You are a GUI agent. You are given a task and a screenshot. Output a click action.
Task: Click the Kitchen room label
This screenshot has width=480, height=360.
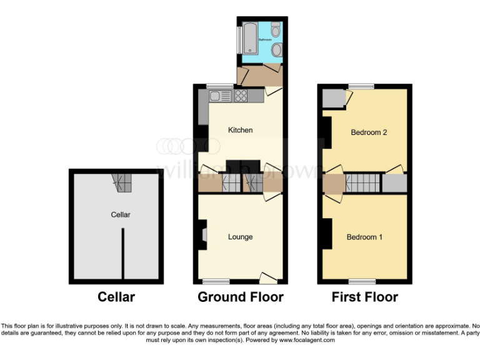240,130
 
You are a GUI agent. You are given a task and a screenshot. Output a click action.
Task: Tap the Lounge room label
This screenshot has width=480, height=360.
240,237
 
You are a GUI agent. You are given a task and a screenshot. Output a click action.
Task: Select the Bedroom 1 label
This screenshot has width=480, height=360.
365,237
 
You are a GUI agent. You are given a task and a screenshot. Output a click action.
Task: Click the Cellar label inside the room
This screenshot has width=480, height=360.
121,214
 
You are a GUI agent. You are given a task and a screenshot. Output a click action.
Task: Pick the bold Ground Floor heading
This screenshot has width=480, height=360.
240,297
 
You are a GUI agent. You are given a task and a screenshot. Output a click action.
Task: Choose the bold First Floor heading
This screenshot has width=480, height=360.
365,297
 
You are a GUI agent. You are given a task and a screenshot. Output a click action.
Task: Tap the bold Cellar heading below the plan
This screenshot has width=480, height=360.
116,297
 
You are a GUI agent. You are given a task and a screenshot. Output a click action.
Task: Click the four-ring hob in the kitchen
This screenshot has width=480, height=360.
241,96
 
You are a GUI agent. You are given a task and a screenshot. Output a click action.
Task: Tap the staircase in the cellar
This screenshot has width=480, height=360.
122,182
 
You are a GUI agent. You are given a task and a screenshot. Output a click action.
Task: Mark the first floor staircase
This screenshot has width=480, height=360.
363,184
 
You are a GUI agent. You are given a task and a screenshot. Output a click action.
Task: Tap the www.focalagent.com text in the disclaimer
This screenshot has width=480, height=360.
307,341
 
